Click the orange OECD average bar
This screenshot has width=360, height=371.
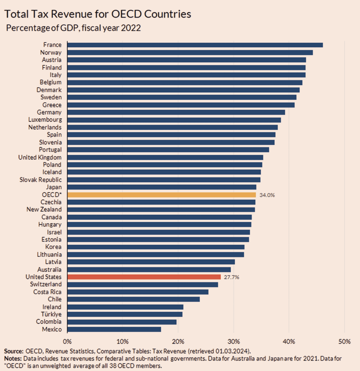[x=162, y=195]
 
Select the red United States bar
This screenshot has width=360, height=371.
[x=144, y=277]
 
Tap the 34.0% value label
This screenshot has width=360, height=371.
[x=267, y=195]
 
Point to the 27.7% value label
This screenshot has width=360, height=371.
[x=231, y=277]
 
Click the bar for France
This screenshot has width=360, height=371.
[x=195, y=45]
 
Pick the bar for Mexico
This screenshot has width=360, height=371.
[x=114, y=329]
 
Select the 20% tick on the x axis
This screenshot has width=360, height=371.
[x=178, y=342]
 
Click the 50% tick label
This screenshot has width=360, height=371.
[x=345, y=342]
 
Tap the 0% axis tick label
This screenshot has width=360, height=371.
[x=67, y=342]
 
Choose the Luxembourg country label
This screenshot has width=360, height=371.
[x=45, y=120]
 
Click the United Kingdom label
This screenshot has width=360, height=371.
[x=40, y=157]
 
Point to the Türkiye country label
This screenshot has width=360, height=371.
[x=51, y=314]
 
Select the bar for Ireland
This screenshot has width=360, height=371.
[x=125, y=307]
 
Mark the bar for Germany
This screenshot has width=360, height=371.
[x=176, y=112]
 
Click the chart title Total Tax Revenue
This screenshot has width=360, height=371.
[x=97, y=14]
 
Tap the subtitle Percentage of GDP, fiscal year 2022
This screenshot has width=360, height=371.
[x=73, y=28]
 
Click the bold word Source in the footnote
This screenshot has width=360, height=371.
[x=14, y=351]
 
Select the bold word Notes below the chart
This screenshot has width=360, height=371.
[x=13, y=359]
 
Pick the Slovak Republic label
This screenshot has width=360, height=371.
[x=40, y=180]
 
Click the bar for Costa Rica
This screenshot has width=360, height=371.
[x=138, y=292]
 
